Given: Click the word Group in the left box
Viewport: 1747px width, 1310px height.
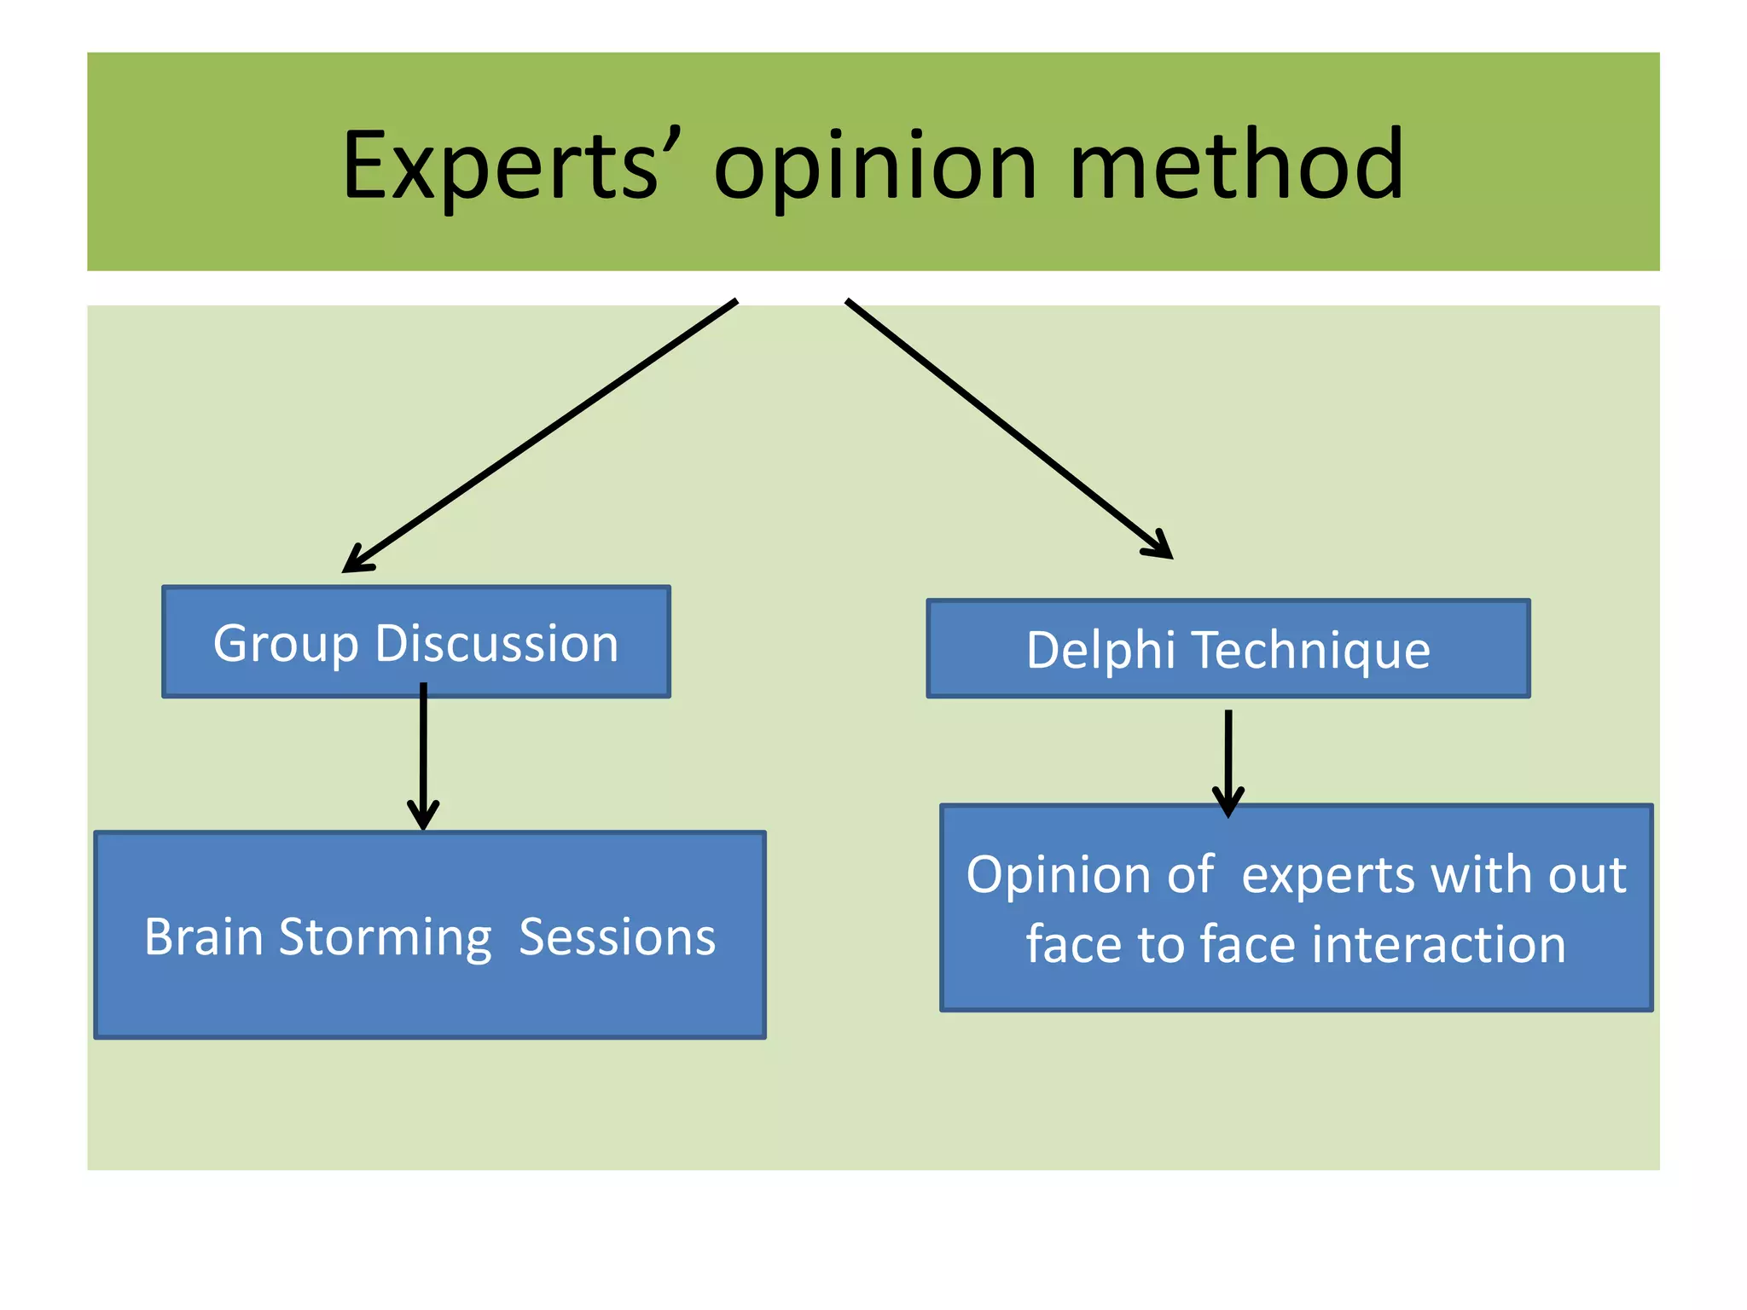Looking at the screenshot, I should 285,644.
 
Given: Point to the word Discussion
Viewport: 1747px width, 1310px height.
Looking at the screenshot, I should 496,644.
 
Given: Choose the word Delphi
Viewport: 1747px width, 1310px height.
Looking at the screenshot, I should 1100,651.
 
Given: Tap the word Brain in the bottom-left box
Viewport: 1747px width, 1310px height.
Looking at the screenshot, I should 204,937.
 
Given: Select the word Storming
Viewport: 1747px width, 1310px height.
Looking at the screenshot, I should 385,937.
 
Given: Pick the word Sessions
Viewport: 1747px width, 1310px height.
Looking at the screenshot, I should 617,937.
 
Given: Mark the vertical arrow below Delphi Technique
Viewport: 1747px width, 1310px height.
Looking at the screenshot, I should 1228,759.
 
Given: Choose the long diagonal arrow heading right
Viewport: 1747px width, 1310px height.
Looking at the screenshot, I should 1007,426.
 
